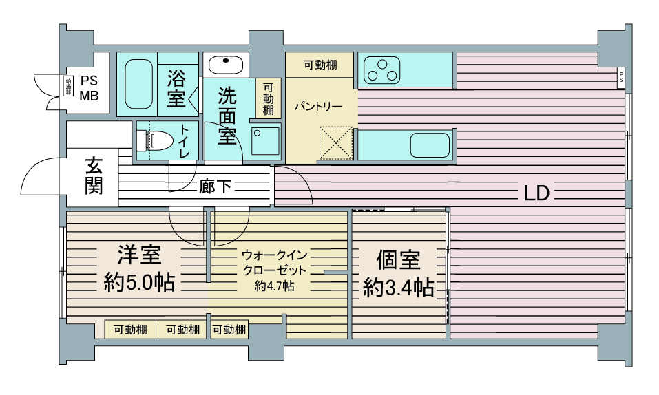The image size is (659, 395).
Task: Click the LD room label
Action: (x=536, y=193)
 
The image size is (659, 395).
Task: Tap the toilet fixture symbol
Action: (x=154, y=140)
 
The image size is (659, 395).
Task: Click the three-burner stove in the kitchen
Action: (x=381, y=70)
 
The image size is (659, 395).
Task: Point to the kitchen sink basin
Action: (x=430, y=145)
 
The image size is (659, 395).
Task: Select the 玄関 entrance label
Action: (x=94, y=175)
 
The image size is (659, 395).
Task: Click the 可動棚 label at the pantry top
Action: (x=320, y=65)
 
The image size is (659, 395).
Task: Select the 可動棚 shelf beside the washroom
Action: (x=268, y=98)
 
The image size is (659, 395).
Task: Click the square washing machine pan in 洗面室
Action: (x=265, y=140)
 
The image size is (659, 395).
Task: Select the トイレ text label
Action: (x=185, y=142)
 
